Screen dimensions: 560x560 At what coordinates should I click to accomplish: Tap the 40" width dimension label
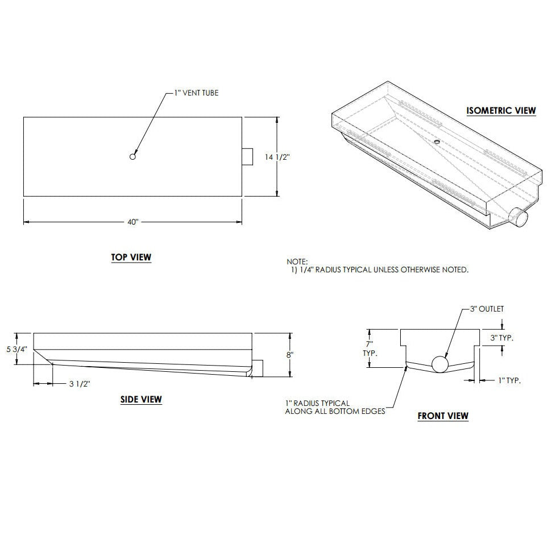pos(132,222)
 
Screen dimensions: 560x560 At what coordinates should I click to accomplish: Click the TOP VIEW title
pos(131,258)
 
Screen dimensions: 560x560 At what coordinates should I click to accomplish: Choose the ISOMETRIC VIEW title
pos(501,110)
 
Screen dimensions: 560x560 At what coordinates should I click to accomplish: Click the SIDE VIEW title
pos(141,400)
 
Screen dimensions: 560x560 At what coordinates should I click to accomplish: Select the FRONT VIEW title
pos(443,416)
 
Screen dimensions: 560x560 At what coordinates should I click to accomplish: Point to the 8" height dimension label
pos(290,354)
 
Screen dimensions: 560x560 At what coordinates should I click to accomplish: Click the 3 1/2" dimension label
pos(80,384)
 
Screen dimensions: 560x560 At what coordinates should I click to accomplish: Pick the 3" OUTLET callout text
pos(487,309)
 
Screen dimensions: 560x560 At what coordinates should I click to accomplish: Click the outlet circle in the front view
pos(439,363)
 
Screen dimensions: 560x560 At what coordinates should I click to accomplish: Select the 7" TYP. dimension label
pos(369,348)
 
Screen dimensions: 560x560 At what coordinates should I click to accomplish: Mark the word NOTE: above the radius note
pos(297,262)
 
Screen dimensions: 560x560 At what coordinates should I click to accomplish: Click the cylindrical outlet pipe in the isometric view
pos(519,217)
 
